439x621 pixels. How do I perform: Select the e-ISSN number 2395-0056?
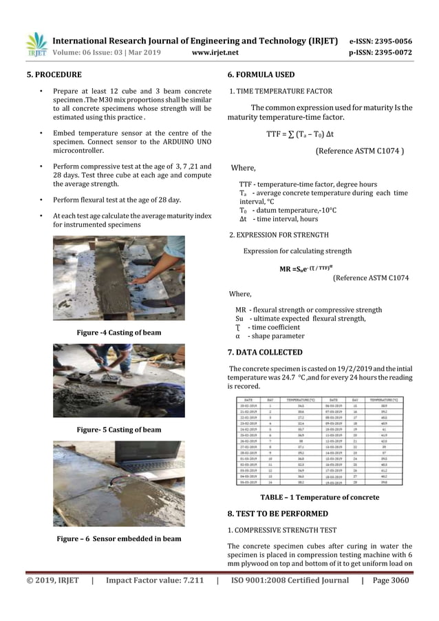pyautogui.click(x=390, y=41)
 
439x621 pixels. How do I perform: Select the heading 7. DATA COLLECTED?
pyautogui.click(x=265, y=352)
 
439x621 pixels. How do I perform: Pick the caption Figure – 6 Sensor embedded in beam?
pyautogui.click(x=118, y=538)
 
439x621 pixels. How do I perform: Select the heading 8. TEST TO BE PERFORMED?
pyautogui.click(x=277, y=514)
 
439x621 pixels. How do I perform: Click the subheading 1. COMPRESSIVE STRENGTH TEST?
pyautogui.click(x=281, y=531)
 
